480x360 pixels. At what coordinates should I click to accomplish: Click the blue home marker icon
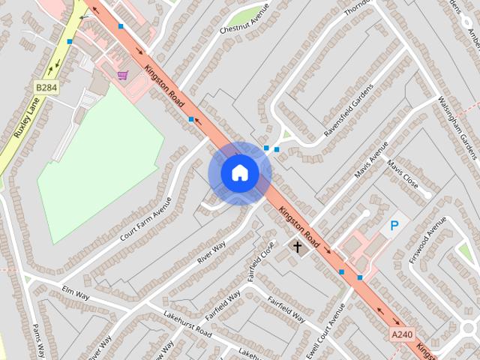click(x=240, y=173)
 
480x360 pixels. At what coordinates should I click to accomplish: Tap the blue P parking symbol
click(x=394, y=226)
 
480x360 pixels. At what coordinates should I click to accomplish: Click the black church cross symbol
click(x=297, y=246)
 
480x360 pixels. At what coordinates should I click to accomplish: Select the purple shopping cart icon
click(x=122, y=75)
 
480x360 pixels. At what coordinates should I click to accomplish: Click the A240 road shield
click(x=401, y=332)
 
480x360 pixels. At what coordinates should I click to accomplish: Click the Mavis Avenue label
click(x=372, y=159)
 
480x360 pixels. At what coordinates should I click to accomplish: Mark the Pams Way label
click(x=40, y=340)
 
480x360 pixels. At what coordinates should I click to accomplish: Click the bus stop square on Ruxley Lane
click(x=70, y=42)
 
